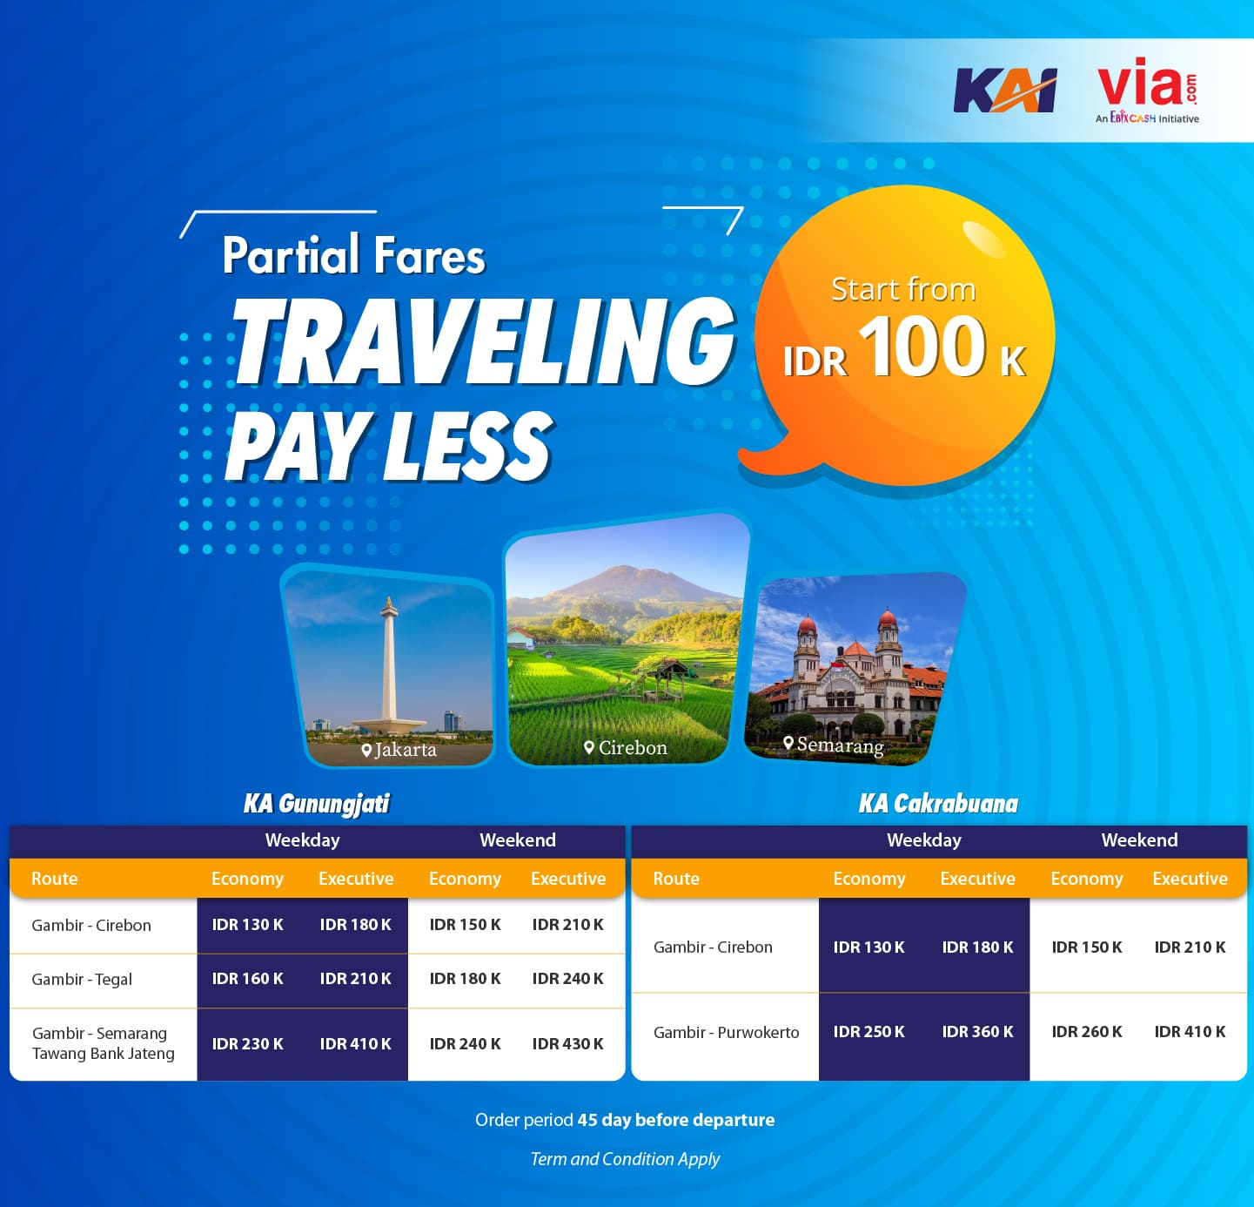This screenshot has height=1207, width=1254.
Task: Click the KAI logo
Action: point(1004,91)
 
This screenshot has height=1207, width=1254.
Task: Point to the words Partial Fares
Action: point(353,255)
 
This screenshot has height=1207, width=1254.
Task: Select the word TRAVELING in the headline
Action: point(483,341)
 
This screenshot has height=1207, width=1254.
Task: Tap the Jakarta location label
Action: point(399,749)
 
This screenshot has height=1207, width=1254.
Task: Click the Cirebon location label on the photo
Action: point(626,747)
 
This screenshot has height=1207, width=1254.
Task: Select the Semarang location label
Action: point(834,745)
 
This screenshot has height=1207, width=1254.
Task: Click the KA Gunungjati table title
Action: point(317,804)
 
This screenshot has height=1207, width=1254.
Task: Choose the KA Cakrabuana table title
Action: point(938,804)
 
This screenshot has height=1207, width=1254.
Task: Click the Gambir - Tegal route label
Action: point(82,980)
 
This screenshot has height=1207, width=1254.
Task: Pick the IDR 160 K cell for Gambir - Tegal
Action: point(247,979)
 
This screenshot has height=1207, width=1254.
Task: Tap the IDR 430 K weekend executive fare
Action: point(567,1044)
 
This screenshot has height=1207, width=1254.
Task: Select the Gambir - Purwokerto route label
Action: point(727,1032)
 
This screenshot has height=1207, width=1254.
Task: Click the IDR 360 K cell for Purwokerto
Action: point(977,1032)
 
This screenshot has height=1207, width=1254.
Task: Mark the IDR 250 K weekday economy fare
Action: point(868,1032)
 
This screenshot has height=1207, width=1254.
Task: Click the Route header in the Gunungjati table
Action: point(55,878)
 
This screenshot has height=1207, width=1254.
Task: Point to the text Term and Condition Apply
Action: point(625,1159)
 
